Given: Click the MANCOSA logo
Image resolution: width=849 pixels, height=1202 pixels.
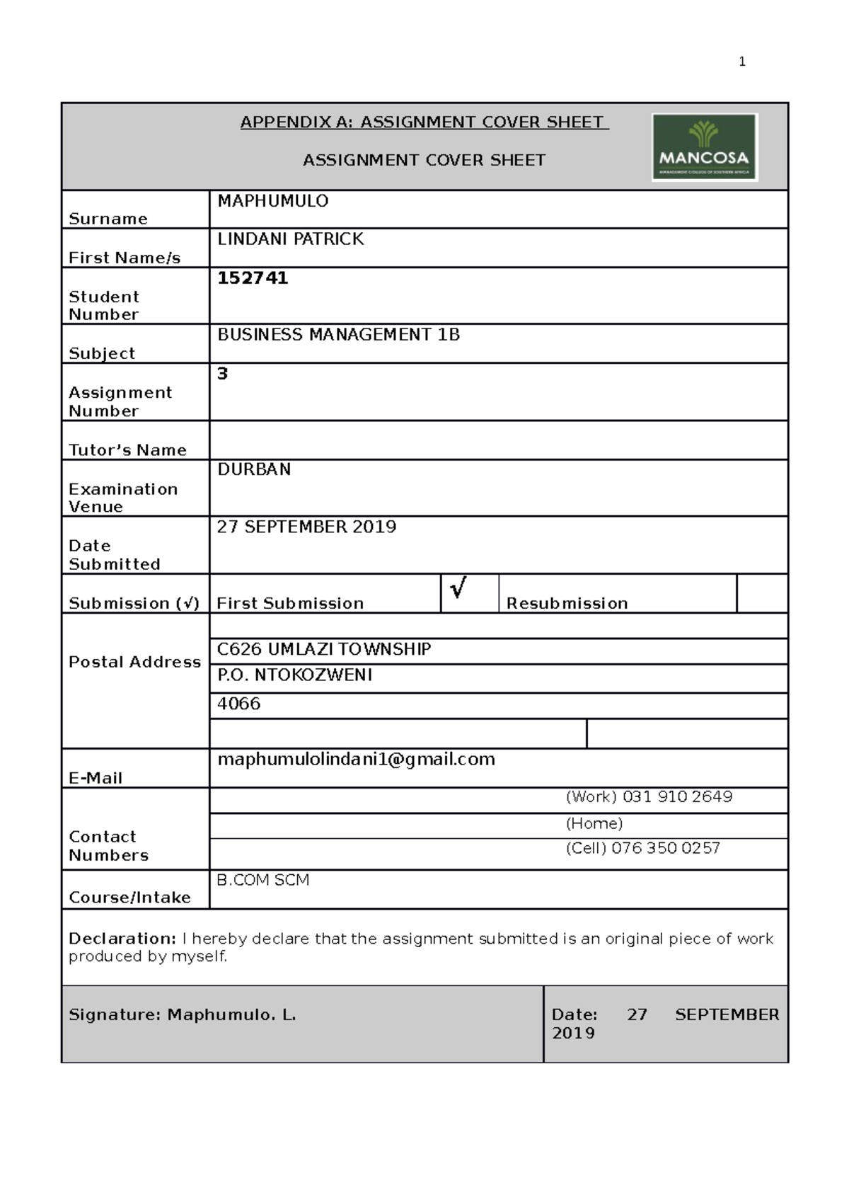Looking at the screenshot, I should pos(704,147).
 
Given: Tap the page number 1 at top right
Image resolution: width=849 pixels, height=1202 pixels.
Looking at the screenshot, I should pos(741,62).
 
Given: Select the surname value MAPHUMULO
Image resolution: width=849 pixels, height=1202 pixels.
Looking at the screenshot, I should pos(272,201).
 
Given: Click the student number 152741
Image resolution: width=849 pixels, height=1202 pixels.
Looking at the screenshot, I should pos(253,278).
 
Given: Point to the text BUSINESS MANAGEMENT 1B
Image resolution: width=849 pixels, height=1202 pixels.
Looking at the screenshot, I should pos(338,335).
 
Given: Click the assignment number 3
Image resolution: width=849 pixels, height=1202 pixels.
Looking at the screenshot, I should pos(222,374).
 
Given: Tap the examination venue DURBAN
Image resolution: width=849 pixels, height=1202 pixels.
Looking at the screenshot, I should pos(253,469).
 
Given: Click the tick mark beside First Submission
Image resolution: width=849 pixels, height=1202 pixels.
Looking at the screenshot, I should pos(458,588).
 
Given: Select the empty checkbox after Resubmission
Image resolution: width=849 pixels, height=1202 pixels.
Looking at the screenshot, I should pos(761,593).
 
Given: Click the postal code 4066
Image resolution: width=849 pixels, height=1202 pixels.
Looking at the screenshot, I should pos(238,704).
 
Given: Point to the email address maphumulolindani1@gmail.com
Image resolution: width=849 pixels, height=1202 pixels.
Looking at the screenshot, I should pos(356,760).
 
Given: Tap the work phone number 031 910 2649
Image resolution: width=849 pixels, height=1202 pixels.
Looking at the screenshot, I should pos(677,797).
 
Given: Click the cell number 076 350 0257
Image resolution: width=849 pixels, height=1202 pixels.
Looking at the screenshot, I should pos(665,848).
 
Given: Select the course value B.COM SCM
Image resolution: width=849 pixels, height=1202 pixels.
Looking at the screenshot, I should pos(262,880).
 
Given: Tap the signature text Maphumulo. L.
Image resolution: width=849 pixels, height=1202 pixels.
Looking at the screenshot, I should pos(231,1015).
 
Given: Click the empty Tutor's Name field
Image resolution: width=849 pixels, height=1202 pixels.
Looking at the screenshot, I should pos(498,440).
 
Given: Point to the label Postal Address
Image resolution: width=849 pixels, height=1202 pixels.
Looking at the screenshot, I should pos(134,662).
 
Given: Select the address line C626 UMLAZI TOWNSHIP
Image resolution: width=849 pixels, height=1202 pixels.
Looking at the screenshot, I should pos(323,649).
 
